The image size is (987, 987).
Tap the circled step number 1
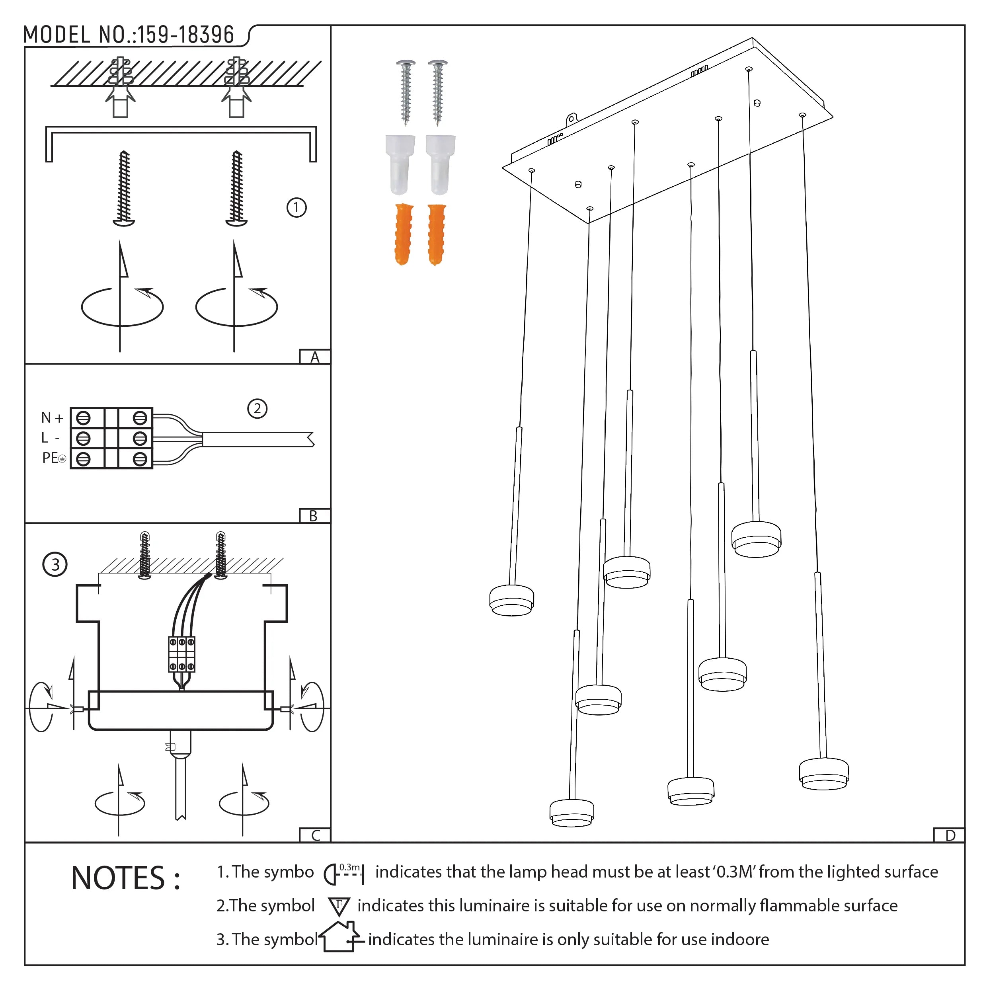[296, 207]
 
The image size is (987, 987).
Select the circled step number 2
[257, 408]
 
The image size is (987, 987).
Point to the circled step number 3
[55, 564]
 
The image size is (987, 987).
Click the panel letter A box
[315, 357]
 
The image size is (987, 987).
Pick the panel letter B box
[314, 516]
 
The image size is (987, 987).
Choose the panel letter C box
[315, 835]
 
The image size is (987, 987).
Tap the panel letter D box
[950, 835]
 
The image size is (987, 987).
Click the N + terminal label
[52, 418]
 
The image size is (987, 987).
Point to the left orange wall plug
[403, 234]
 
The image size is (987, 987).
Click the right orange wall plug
[437, 234]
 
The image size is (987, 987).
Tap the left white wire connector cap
[400, 164]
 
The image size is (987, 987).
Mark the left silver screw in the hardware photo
[406, 92]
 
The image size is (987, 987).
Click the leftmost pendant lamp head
[511, 600]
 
